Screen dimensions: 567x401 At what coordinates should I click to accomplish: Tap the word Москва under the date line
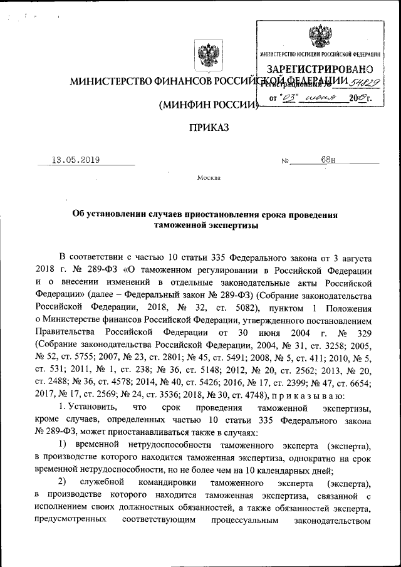pos(209,177)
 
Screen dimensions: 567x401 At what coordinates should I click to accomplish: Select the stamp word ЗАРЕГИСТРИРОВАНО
pos(320,68)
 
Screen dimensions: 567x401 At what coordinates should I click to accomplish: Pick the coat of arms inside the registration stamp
pos(321,36)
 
